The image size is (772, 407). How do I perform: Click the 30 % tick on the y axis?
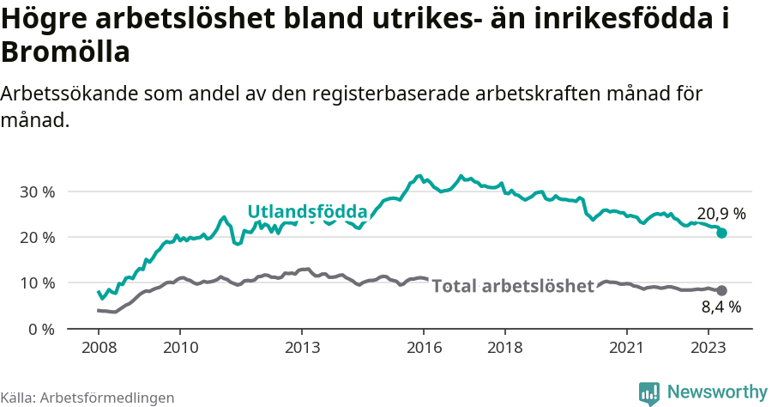tap(37, 191)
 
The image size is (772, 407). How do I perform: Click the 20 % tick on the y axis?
tap(37, 237)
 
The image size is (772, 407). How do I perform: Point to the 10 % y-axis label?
tap(37, 282)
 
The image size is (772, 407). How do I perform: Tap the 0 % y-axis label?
tap(41, 329)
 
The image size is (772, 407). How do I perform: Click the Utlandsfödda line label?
tap(307, 211)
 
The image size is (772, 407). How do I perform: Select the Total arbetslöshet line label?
tap(512, 286)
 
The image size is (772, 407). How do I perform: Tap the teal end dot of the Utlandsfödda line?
tap(721, 233)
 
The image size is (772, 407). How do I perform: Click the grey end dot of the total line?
tap(721, 290)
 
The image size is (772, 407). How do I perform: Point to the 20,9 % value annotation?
tap(721, 213)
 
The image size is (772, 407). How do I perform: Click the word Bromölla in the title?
tap(65, 53)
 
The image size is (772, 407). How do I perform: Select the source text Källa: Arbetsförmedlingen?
tap(87, 398)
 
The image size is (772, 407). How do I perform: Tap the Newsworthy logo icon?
tap(649, 392)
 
